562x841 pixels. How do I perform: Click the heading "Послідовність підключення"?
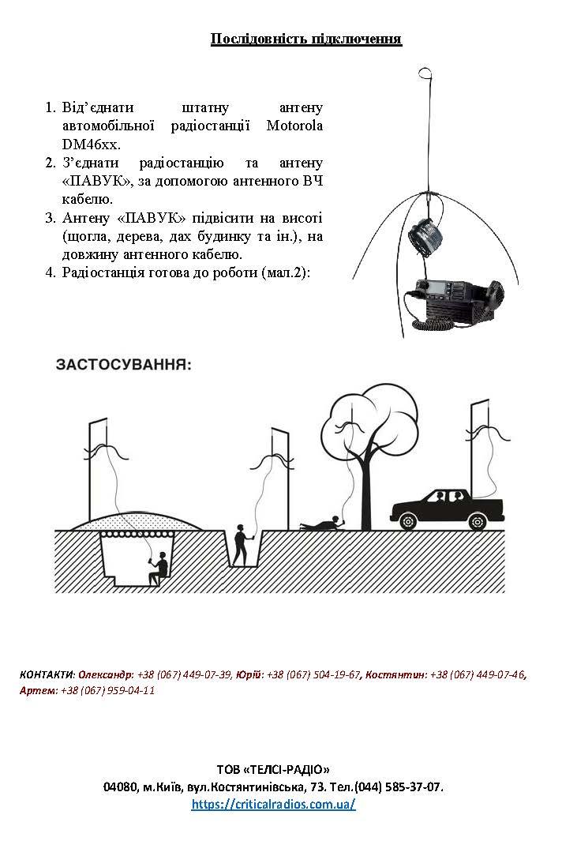tap(305, 39)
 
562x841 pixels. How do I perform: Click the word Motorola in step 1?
tap(294, 126)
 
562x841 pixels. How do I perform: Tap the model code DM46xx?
tap(91, 145)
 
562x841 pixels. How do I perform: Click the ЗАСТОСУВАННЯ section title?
tap(123, 365)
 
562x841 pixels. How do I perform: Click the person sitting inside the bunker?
tap(159, 569)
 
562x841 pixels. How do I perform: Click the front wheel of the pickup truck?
tap(407, 521)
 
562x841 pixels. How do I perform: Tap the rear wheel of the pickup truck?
tap(477, 521)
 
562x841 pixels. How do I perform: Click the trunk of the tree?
tap(364, 494)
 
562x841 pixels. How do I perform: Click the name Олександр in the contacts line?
tap(105, 674)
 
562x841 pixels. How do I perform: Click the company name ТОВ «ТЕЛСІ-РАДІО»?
tap(273, 769)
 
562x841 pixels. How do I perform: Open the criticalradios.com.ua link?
tap(273, 804)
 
